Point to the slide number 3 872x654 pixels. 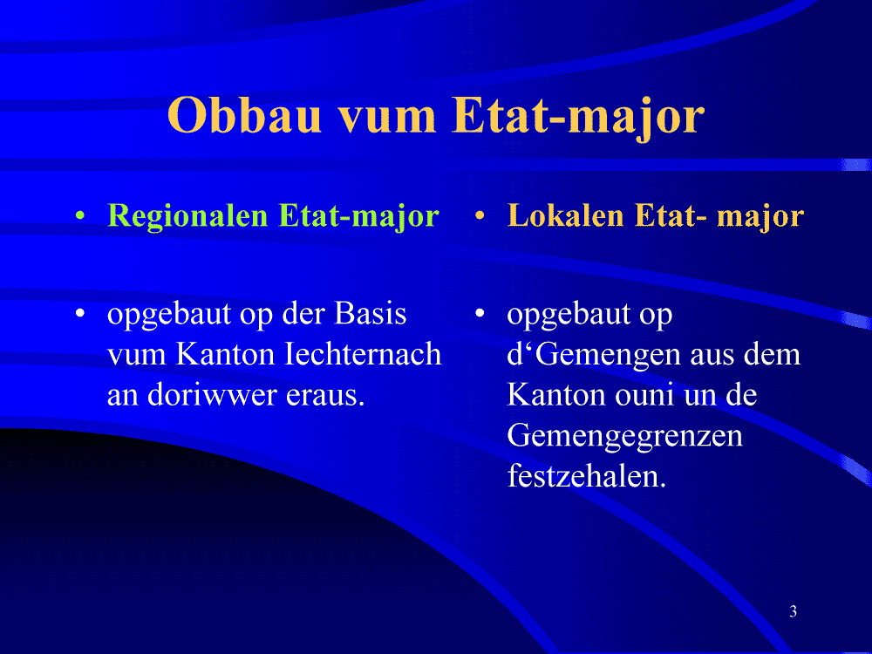click(x=793, y=611)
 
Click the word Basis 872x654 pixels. click(x=371, y=314)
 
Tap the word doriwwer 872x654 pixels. click(x=212, y=395)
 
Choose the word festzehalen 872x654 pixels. click(x=587, y=477)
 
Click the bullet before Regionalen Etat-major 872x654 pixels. click(x=80, y=215)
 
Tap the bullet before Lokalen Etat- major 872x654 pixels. click(x=480, y=215)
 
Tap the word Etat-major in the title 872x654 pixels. click(x=579, y=117)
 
